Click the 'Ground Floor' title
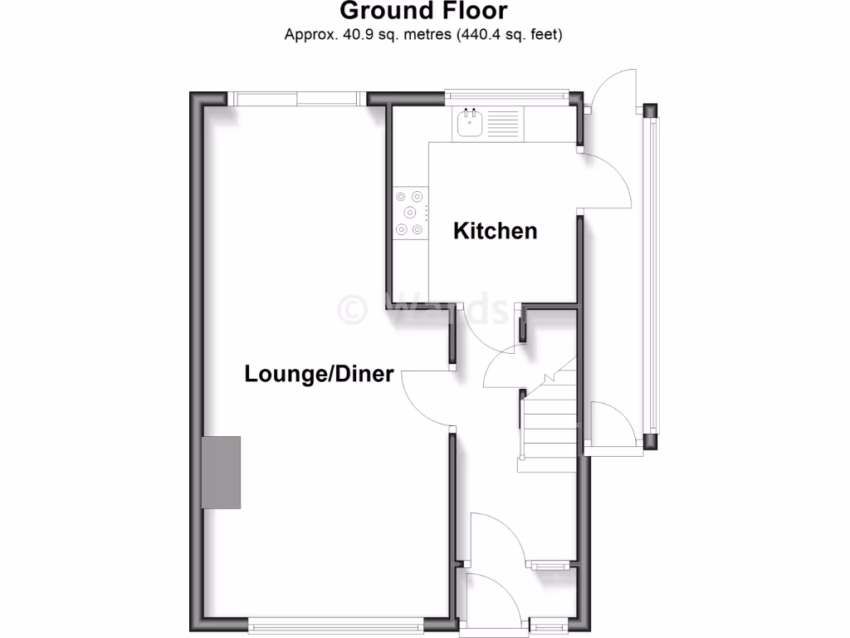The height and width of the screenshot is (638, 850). coord(423,12)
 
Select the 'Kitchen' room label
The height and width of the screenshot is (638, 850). coord(495,230)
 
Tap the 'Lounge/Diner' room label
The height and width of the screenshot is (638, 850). coord(319,374)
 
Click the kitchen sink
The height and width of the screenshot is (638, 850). coord(469,124)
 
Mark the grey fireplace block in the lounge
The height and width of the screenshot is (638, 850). coord(222,472)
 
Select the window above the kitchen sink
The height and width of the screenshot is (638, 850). coord(507,96)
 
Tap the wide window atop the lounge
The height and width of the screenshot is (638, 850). coord(296,98)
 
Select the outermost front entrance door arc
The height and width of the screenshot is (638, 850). coord(490,596)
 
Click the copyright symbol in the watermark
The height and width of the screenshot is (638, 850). coord(352,308)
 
